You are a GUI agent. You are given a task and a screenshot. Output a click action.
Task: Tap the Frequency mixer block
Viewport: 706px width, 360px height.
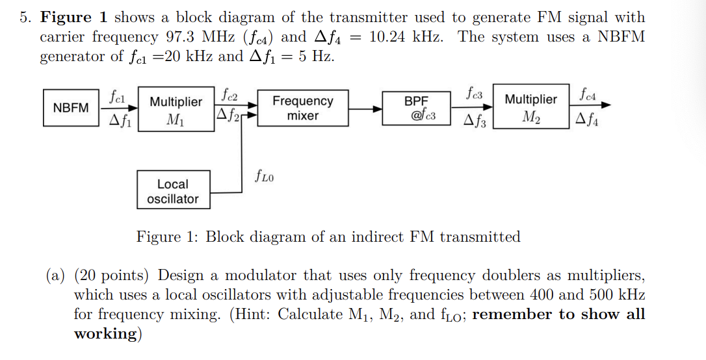click(302, 109)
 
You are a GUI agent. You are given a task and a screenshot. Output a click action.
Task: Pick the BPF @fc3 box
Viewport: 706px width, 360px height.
click(417, 109)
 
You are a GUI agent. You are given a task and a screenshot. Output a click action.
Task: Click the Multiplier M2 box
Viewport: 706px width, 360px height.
click(530, 107)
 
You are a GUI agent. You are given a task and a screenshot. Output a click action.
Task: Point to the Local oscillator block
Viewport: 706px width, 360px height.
click(173, 191)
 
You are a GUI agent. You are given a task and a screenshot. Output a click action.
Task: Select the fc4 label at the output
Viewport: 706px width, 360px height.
click(588, 95)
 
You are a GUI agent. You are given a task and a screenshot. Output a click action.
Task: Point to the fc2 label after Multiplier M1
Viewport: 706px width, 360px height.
click(229, 95)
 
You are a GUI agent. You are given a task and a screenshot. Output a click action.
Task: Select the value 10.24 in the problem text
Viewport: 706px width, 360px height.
click(387, 37)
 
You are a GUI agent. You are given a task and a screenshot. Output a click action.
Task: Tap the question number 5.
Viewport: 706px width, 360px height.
click(24, 18)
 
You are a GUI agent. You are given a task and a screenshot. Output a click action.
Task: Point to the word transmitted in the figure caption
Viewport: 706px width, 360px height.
click(480, 237)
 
